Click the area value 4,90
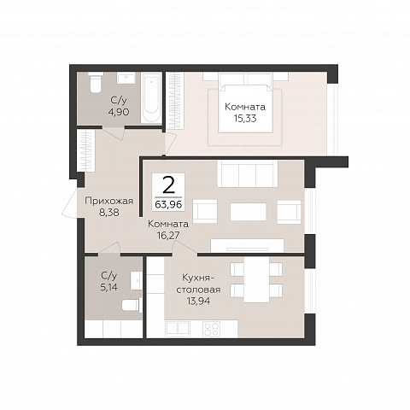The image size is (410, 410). pos(119,112)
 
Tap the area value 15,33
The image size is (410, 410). pos(245,119)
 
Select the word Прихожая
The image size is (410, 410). pos(109,201)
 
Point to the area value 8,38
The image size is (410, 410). pos(109,213)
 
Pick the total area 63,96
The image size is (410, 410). pos(168,204)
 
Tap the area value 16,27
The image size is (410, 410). pos(168,236)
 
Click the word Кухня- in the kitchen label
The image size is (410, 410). pos(198,277)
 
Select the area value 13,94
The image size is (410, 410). pos(199,301)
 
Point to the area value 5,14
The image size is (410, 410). pos(109,287)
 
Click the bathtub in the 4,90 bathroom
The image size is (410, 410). pos(151,98)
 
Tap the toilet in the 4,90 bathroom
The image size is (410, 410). pos(96,82)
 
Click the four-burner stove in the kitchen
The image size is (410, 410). pos(211,329)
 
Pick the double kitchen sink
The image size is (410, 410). pos(178,329)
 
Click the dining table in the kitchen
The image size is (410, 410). pos(256,279)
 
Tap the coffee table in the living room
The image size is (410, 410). pos(249,212)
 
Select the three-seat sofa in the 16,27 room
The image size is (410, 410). pos(248,173)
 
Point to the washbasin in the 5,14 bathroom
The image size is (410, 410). pos(136,280)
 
